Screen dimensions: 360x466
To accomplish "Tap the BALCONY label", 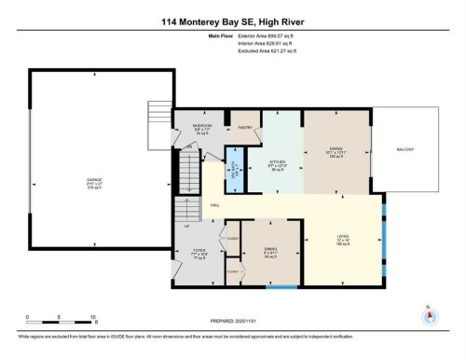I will click(x=405, y=149).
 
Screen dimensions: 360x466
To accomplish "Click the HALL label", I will click(x=214, y=204).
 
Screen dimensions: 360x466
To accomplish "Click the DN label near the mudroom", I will click(x=189, y=146).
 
